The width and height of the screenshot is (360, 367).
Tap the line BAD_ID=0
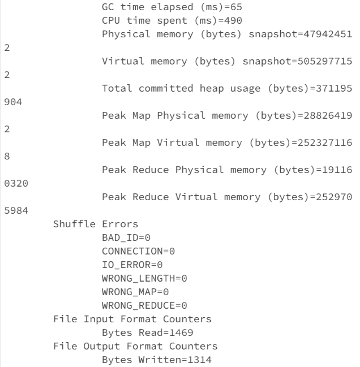click(x=126, y=236)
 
